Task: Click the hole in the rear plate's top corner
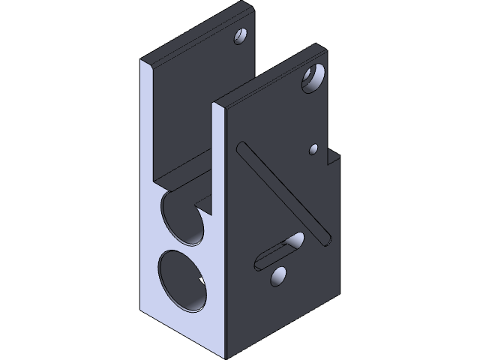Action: coord(241,35)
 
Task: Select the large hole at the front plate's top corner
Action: coord(313,77)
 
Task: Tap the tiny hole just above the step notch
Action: coord(314,149)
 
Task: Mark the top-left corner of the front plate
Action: coord(214,102)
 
